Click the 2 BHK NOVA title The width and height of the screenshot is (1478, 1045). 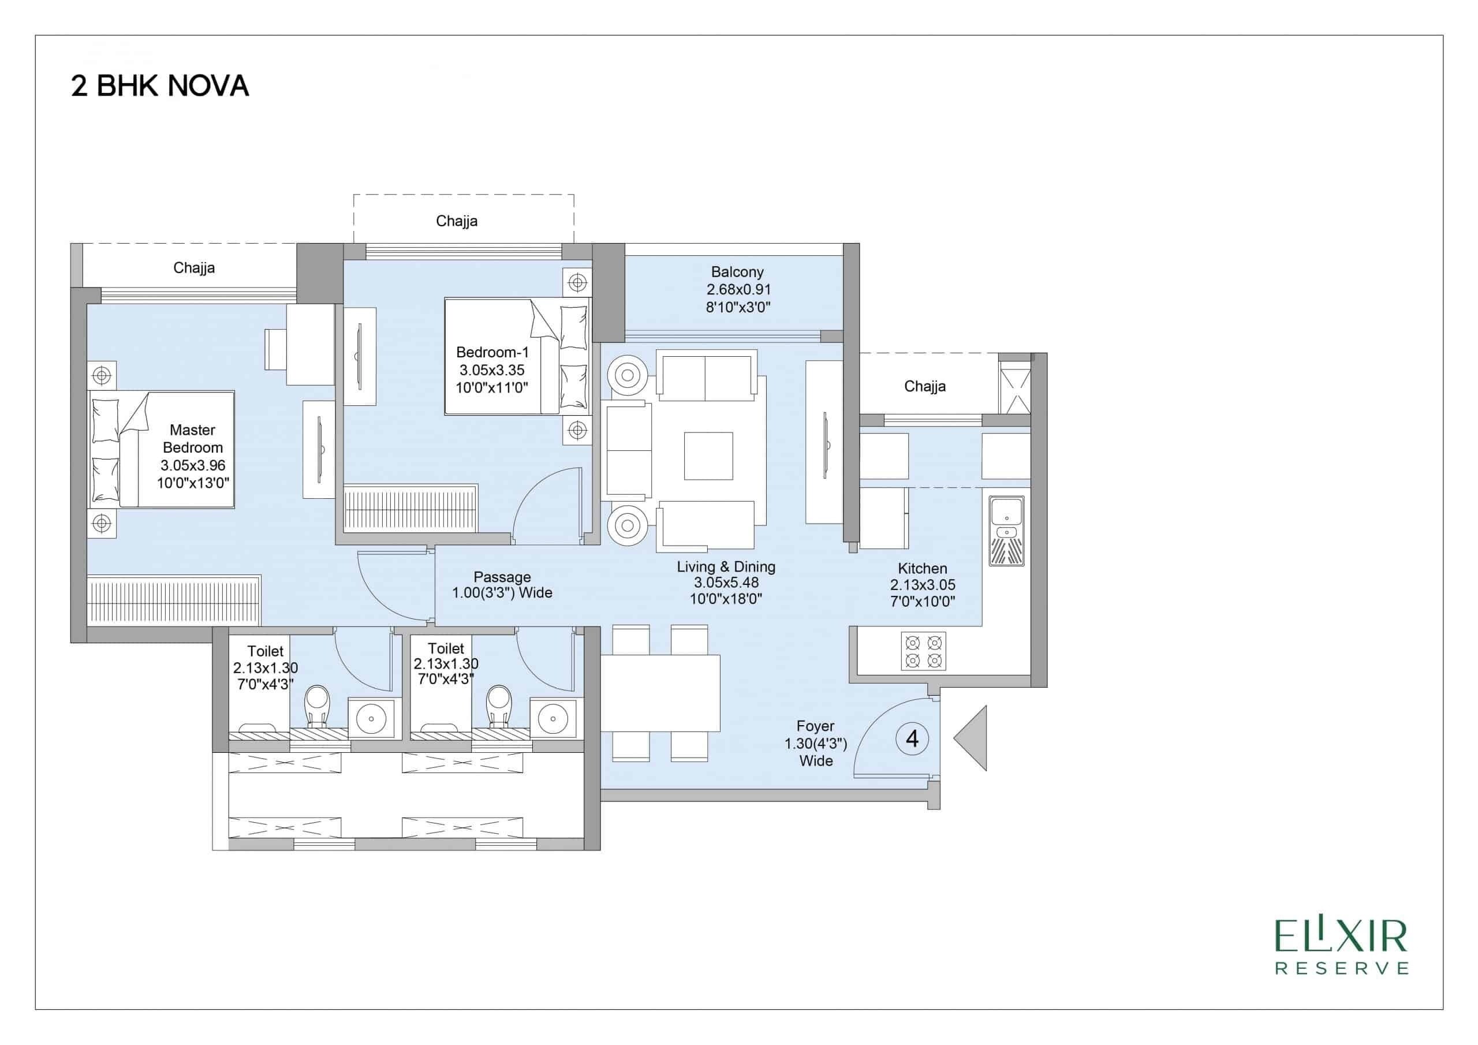[x=160, y=86]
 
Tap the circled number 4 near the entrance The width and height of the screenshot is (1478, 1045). [x=912, y=738]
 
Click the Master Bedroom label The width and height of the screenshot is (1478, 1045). [x=192, y=438]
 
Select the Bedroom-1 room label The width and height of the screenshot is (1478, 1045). [x=492, y=352]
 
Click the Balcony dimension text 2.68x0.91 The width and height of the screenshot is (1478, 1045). [x=738, y=290]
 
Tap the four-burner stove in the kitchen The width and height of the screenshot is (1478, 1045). [x=923, y=651]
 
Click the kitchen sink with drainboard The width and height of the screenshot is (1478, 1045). [x=1007, y=531]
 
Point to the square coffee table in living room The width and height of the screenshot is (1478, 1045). [x=708, y=456]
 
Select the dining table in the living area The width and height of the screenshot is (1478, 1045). [x=660, y=693]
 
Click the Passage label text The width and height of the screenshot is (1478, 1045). [x=502, y=577]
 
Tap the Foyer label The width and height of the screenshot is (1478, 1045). [x=815, y=726]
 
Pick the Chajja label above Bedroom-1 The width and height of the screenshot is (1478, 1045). [x=457, y=222]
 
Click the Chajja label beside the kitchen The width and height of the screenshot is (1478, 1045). [x=924, y=386]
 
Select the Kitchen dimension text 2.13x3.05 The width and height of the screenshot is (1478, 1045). [x=923, y=585]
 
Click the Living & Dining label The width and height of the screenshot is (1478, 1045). [x=726, y=566]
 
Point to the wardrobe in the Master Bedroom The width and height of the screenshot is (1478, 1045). [x=174, y=600]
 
